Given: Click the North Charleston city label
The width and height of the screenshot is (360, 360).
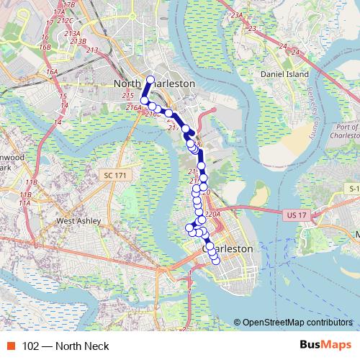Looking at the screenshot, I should pyautogui.click(x=154, y=84).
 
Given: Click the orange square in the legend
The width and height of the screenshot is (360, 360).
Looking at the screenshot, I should pyautogui.click(x=12, y=346).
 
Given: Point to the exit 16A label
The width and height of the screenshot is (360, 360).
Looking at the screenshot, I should pyautogui.click(x=51, y=72).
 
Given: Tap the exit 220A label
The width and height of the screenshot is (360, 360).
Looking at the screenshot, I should pyautogui.click(x=212, y=214).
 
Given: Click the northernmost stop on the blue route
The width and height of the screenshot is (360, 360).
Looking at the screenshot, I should pyautogui.click(x=150, y=79).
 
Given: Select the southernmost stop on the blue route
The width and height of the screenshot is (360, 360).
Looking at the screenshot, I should pyautogui.click(x=215, y=261).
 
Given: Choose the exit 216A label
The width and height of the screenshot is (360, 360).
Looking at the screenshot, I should pyautogui.click(x=133, y=107).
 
